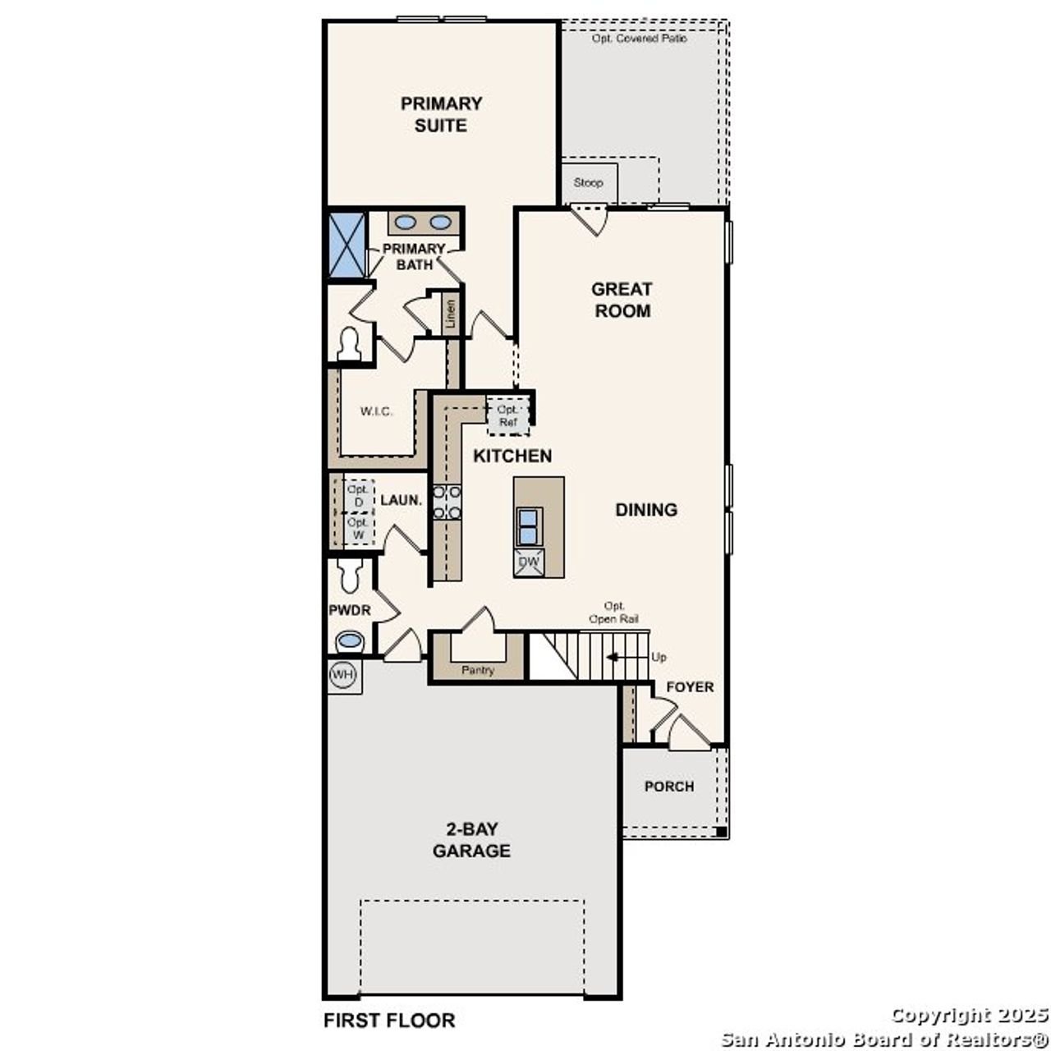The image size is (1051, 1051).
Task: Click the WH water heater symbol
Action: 343,675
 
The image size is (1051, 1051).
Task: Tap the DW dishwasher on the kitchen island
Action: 530,562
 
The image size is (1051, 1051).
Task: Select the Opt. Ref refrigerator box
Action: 508,415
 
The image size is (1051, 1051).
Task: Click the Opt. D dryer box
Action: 358,495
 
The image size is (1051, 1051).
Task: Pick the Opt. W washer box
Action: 358,528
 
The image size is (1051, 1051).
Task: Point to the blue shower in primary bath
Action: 347,245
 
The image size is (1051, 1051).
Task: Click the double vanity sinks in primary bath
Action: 424,223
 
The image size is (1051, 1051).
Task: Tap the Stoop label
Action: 588,182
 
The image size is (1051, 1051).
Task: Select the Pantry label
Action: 478,670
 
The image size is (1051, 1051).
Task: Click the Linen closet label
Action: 450,314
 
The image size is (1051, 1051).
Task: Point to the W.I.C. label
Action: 377,411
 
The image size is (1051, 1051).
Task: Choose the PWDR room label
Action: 349,610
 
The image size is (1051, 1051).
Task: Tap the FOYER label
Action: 690,686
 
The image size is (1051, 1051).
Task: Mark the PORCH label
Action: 669,786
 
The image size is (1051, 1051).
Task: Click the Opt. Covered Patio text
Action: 640,38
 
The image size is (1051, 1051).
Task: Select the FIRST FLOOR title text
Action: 389,1021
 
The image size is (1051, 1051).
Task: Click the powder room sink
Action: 350,640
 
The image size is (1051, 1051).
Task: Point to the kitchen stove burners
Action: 447,502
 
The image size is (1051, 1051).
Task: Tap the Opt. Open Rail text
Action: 613,613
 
